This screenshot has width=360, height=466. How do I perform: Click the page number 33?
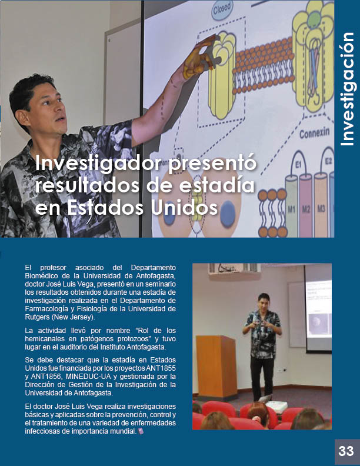click(x=346, y=451)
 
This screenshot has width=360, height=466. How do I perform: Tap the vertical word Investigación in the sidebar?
click(x=347, y=89)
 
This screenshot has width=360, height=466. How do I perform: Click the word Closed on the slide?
click(x=222, y=9)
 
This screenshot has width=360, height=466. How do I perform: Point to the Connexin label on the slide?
click(x=314, y=132)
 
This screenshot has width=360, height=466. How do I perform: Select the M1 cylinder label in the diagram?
click(x=291, y=210)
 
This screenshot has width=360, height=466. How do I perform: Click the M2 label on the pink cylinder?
click(x=306, y=209)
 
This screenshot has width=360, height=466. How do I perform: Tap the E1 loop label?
click(x=298, y=164)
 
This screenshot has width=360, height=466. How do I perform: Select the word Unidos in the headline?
click(x=184, y=207)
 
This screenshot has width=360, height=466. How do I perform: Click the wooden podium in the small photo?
click(x=217, y=368)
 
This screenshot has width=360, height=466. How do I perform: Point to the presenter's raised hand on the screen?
click(x=198, y=58)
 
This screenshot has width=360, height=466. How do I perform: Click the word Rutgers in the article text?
click(x=37, y=317)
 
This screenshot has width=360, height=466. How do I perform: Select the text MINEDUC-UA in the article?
click(x=88, y=377)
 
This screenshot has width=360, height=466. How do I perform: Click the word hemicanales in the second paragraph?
click(x=45, y=339)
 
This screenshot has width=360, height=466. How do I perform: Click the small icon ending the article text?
click(x=141, y=431)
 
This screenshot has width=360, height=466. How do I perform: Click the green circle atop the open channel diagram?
click(x=314, y=19)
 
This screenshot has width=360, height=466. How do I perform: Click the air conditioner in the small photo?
click(x=234, y=269)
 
